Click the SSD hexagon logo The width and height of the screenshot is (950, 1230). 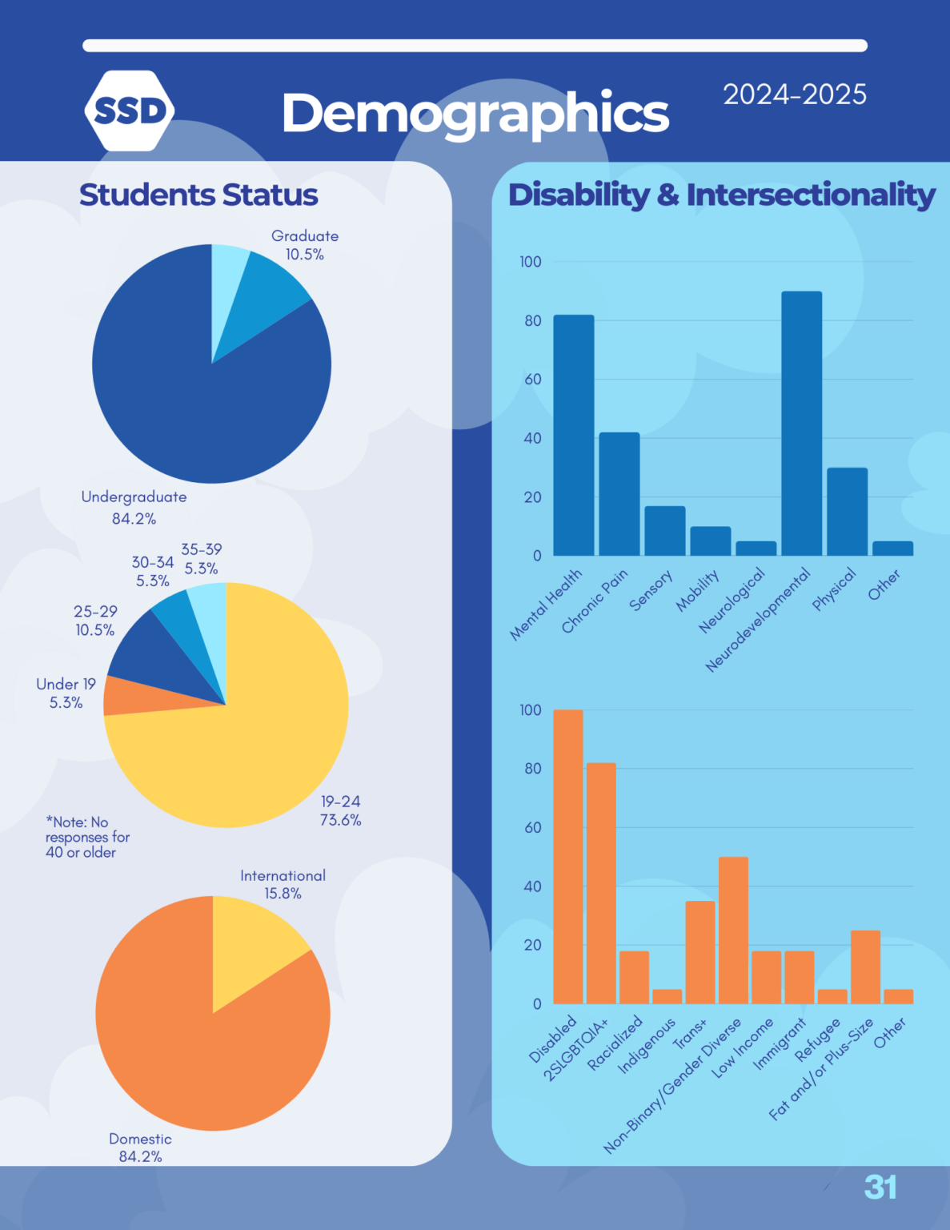[129, 111]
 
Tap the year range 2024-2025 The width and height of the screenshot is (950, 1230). [794, 94]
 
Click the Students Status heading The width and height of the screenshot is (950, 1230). [198, 195]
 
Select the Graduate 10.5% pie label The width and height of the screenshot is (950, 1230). [304, 245]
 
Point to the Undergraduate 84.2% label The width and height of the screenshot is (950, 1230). [134, 507]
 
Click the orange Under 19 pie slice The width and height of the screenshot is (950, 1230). [122, 696]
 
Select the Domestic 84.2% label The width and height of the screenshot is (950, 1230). [140, 1147]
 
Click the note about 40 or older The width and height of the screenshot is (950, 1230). [86, 837]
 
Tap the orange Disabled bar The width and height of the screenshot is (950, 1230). [567, 856]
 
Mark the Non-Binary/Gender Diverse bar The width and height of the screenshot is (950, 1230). [733, 930]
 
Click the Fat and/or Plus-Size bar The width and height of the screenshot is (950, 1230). [865, 967]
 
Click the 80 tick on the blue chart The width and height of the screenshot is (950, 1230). [532, 320]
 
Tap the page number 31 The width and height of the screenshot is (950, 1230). [880, 1187]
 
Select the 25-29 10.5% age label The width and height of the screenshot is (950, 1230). [95, 621]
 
